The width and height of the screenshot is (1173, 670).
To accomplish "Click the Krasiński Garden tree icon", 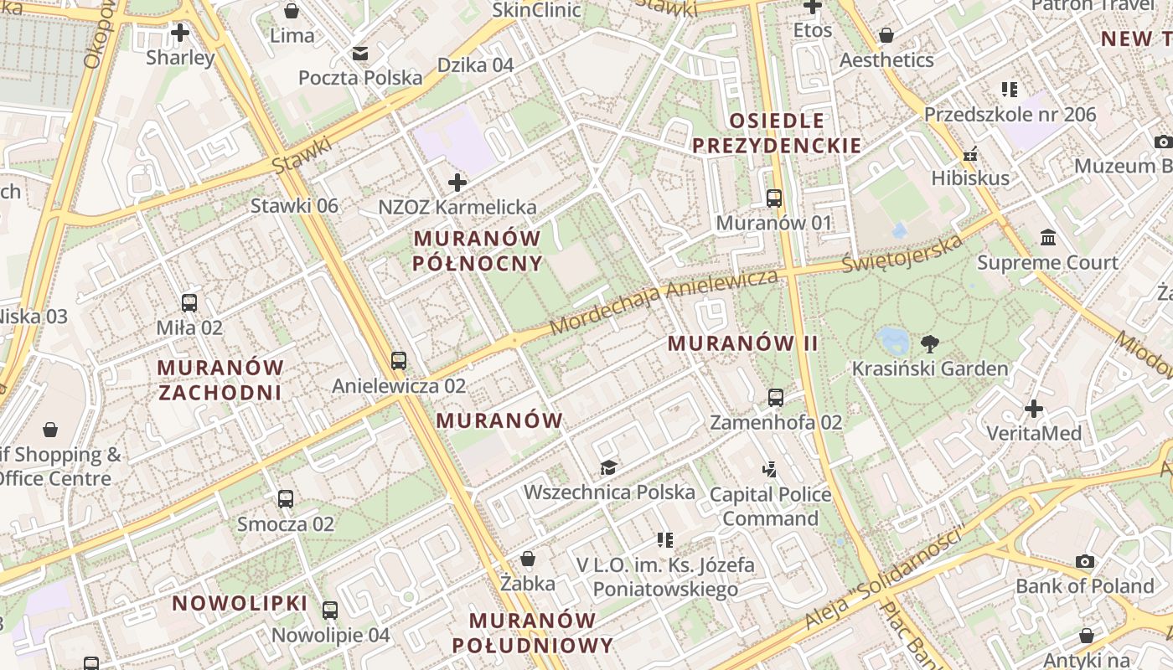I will (930, 343).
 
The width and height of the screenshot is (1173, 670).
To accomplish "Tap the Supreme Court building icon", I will (1047, 238).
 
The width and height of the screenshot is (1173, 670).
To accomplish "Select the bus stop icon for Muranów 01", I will (774, 198).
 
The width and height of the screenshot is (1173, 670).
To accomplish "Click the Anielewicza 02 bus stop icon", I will (399, 361).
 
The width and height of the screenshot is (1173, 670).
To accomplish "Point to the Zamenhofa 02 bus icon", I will (776, 398).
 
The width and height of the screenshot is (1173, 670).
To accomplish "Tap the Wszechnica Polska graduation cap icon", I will (608, 467).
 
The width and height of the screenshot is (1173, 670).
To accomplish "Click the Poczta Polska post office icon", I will (360, 54).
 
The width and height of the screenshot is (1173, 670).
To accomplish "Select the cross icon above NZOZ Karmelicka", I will (457, 182).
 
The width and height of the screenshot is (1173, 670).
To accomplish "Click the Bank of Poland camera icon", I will (1085, 561).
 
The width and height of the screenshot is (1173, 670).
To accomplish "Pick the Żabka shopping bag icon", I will (528, 559).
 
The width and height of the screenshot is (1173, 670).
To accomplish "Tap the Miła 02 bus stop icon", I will (189, 303).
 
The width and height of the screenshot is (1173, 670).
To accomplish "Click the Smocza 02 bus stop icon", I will (286, 499).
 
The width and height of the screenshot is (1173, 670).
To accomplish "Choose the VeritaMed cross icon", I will (1034, 409).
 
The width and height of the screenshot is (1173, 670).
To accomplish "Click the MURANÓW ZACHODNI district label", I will (220, 379).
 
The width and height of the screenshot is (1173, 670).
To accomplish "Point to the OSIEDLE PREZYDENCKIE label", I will (777, 133).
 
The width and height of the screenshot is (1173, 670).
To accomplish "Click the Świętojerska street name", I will (902, 254).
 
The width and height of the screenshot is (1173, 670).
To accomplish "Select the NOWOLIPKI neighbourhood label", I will (240, 603).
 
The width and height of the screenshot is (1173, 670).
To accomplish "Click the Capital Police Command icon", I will (770, 470).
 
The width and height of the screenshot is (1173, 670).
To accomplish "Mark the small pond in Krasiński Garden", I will (892, 339).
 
